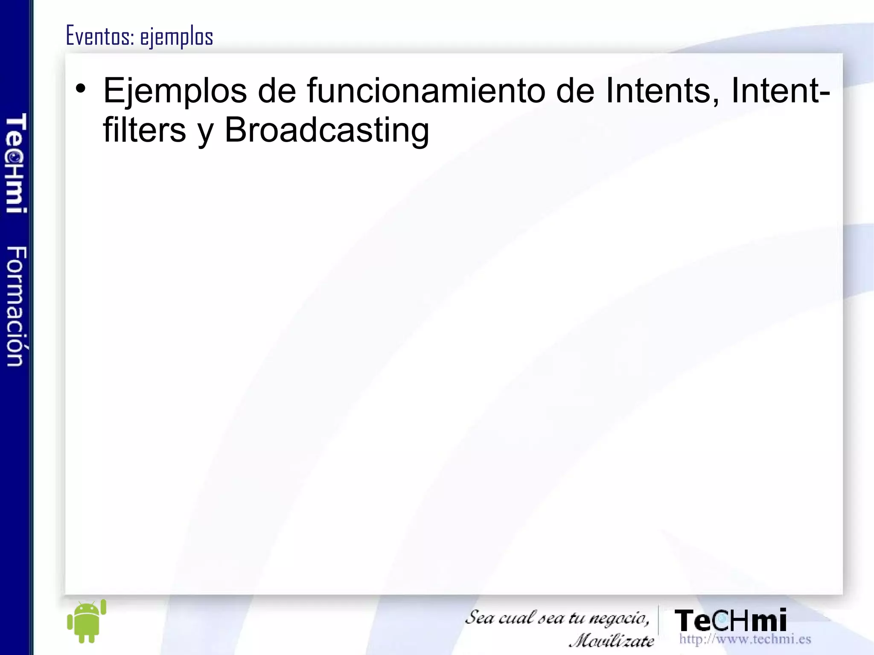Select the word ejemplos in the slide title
pyautogui.click(x=176, y=37)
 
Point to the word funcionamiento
pyautogui.click(x=425, y=90)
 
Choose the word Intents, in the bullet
pyautogui.click(x=662, y=90)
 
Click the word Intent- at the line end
pyautogui.click(x=781, y=90)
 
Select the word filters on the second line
pyautogui.click(x=145, y=130)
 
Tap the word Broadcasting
pyautogui.click(x=326, y=131)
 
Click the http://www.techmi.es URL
pyautogui.click(x=745, y=639)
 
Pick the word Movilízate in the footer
pyautogui.click(x=612, y=640)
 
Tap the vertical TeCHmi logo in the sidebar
pyautogui.click(x=16, y=163)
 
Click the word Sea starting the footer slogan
pyautogui.click(x=479, y=617)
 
